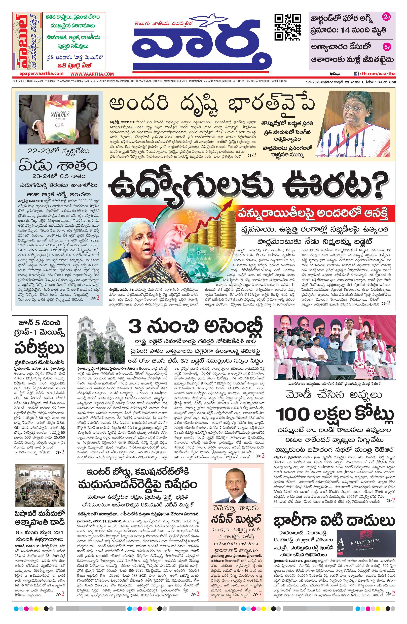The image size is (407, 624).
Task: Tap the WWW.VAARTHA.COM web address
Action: click(92, 74)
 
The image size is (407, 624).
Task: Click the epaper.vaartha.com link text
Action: click(38, 74)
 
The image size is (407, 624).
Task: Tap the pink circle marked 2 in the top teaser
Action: click(387, 18)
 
